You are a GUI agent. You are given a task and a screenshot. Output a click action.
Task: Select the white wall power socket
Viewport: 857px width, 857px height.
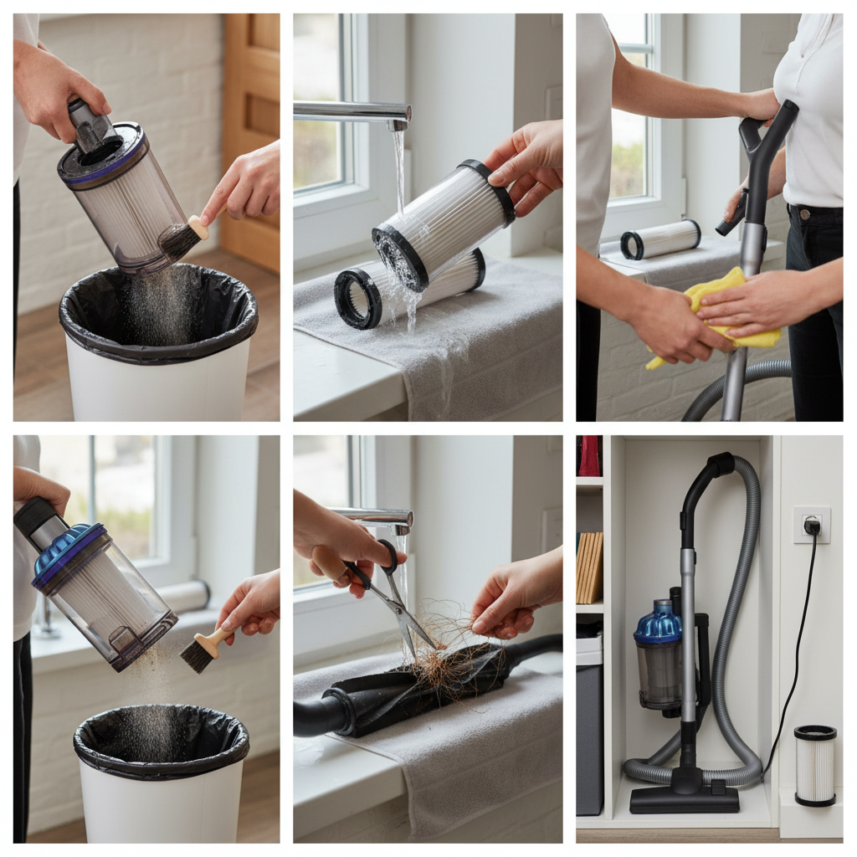810,525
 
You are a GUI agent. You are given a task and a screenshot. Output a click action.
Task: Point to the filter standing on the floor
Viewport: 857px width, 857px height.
815,765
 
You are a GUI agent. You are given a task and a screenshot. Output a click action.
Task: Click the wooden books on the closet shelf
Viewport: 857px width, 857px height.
589,567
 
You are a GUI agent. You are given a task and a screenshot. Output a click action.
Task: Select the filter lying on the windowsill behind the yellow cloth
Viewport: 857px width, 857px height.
660,239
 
